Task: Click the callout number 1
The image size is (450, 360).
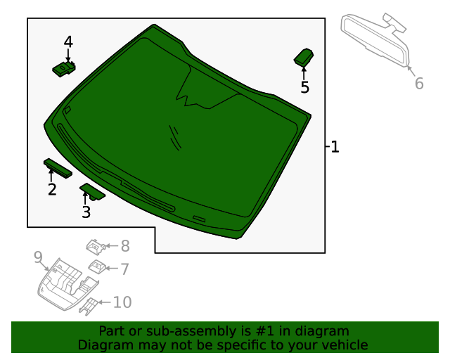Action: [x=335, y=147]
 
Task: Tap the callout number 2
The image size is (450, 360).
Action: [x=52, y=189]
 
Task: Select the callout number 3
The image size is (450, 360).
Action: [x=86, y=212]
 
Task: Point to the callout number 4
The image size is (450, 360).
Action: [x=68, y=41]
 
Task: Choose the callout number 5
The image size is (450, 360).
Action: [x=304, y=87]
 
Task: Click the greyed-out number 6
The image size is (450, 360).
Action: [x=419, y=83]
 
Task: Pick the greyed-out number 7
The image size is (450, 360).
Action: [x=124, y=269]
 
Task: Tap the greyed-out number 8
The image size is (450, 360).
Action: [x=125, y=246]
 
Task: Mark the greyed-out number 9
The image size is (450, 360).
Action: [x=38, y=257]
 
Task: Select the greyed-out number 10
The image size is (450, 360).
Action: [x=122, y=302]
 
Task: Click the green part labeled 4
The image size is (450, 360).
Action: [x=64, y=69]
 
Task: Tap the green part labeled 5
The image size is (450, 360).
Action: [x=304, y=58]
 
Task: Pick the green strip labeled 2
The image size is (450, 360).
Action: [x=58, y=168]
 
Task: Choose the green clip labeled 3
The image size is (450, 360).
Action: [x=92, y=191]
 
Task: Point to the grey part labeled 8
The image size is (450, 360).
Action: [x=96, y=247]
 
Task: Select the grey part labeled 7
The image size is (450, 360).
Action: [x=97, y=267]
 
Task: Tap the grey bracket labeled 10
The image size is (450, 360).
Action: [x=89, y=307]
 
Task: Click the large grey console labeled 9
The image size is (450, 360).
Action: [x=67, y=284]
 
